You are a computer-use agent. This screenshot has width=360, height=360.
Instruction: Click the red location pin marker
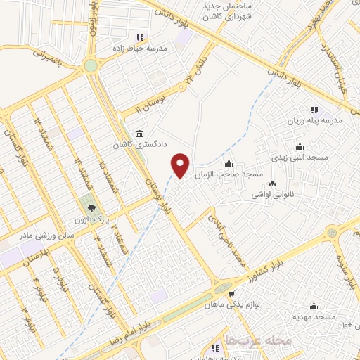point(181,165)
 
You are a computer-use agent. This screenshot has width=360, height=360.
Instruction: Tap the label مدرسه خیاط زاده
point(139,49)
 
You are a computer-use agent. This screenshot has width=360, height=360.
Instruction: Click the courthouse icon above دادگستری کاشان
point(139,134)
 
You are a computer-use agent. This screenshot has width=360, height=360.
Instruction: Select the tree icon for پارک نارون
point(91,207)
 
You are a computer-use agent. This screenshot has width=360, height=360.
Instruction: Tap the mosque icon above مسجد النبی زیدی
point(300,146)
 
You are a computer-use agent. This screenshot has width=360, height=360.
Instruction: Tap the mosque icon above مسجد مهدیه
point(314,307)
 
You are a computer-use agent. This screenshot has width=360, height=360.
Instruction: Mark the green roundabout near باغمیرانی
point(91,66)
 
